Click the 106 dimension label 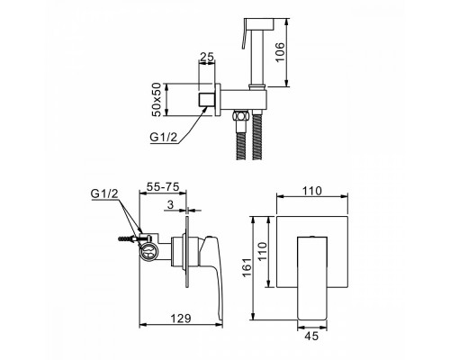tap(280, 52)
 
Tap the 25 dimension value tap(207, 57)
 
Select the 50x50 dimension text tap(157, 100)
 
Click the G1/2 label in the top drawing tap(164, 137)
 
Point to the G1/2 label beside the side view tap(104, 193)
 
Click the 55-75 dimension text tap(162, 186)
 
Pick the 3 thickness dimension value tap(170, 205)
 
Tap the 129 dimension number tap(181, 319)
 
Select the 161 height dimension tap(247, 267)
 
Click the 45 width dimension tap(311, 336)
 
